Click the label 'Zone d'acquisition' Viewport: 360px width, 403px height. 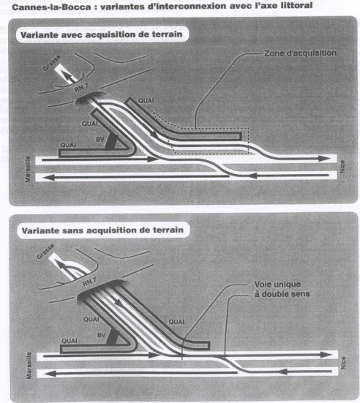click(300, 53)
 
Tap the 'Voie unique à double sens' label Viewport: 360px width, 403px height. click(282, 289)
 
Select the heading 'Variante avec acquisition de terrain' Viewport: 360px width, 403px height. click(101, 34)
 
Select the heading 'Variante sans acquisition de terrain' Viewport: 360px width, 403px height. click(102, 230)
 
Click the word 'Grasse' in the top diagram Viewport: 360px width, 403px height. click(52, 62)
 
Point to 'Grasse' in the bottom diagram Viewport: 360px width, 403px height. click(45, 251)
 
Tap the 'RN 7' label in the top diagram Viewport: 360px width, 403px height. click(81, 88)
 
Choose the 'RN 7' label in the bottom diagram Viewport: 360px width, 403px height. click(89, 282)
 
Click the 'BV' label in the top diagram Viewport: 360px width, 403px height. click(100, 140)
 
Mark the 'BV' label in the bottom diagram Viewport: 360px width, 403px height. click(102, 335)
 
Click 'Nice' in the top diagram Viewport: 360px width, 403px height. click(342, 167)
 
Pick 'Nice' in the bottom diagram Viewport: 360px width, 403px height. click(343, 363)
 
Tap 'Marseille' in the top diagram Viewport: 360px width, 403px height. click(28, 169)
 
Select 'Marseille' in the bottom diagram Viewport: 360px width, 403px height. click(29, 365)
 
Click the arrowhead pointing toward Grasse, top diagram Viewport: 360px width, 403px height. click(67, 76)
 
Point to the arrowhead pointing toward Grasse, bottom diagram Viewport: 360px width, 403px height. click(60, 265)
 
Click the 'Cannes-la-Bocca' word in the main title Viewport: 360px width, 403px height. click(51, 7)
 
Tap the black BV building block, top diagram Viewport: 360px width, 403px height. click(112, 141)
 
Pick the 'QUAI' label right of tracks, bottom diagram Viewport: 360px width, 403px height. click(176, 322)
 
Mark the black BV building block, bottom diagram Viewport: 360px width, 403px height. click(113, 337)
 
